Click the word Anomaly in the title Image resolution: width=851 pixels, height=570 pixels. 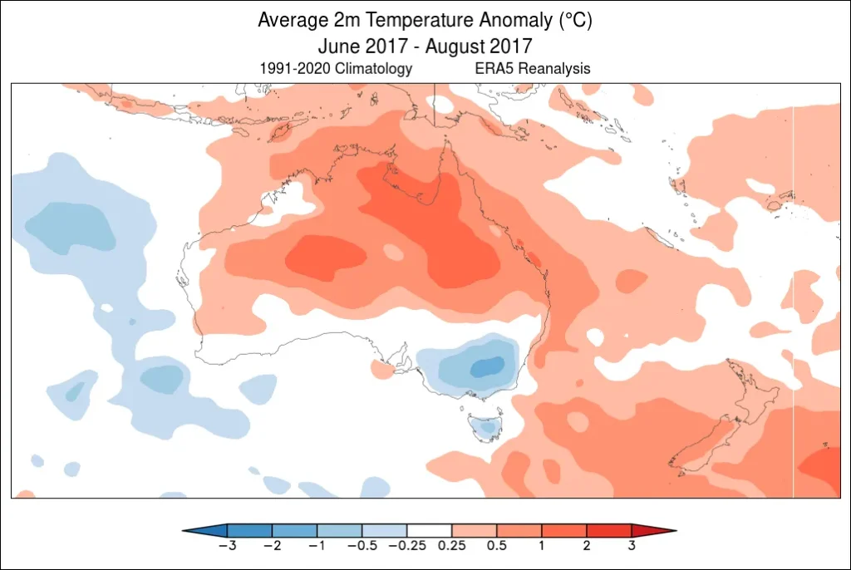pyautogui.click(x=497, y=20)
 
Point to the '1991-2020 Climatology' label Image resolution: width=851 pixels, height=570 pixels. pyautogui.click(x=336, y=69)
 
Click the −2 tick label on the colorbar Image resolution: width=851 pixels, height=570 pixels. pyautogui.click(x=269, y=546)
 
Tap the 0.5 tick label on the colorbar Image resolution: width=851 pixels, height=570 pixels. pyautogui.click(x=497, y=546)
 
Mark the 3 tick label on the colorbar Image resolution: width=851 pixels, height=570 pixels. pyautogui.click(x=632, y=546)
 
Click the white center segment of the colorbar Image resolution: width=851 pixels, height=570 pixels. pyautogui.click(x=429, y=530)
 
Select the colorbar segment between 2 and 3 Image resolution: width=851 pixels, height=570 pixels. pyautogui.click(x=609, y=530)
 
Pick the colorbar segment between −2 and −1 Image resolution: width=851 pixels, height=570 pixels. pyautogui.click(x=294, y=530)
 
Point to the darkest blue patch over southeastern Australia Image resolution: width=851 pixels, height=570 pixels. pyautogui.click(x=487, y=366)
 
